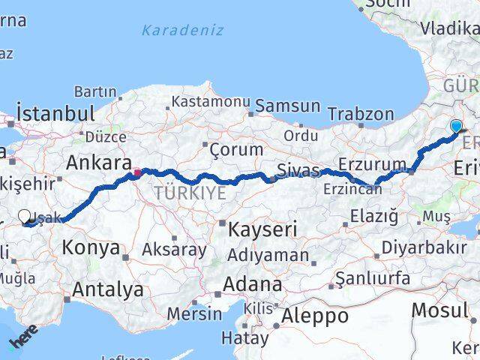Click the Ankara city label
[94, 162]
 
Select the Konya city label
[91, 247]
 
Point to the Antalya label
[109, 289]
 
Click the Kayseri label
[264, 228]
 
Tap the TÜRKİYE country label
[190, 193]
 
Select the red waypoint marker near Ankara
[137, 172]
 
